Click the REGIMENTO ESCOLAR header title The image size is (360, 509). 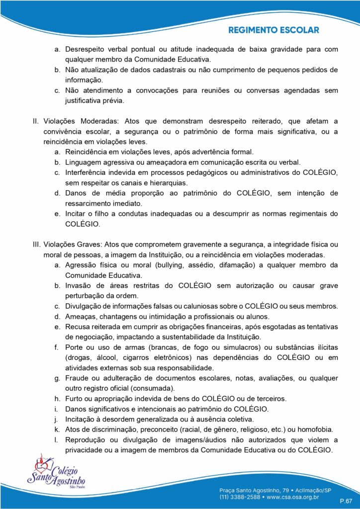pyautogui.click(x=273, y=30)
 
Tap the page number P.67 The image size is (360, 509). pyautogui.click(x=345, y=500)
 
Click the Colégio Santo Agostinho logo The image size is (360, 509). pyautogui.click(x=56, y=474)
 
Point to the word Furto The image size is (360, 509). pyautogui.click(x=75, y=399)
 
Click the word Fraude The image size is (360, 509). pyautogui.click(x=77, y=378)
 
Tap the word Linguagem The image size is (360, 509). pyautogui.click(x=83, y=162)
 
